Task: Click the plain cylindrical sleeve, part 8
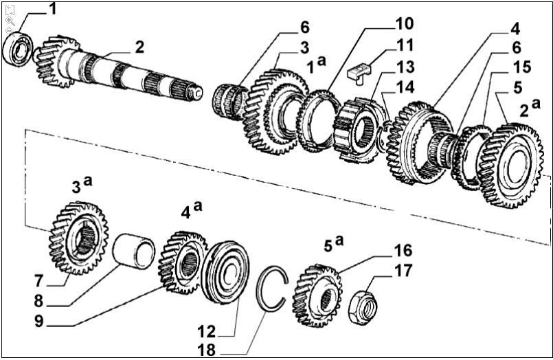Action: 134,251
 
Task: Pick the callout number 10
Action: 404,25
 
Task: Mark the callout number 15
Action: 521,67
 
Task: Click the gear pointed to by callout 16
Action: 317,295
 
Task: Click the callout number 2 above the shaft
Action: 139,47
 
